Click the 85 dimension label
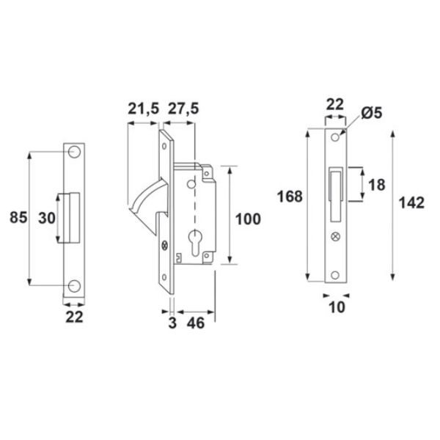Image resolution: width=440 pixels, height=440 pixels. [18, 218]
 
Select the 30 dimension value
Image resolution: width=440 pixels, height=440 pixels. [47, 218]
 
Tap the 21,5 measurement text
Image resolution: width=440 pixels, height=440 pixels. [144, 109]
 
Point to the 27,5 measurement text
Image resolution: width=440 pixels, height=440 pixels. [183, 109]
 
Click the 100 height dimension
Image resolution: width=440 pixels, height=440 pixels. [248, 219]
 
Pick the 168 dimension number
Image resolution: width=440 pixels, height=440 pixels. [290, 196]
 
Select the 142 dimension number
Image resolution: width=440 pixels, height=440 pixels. [411, 202]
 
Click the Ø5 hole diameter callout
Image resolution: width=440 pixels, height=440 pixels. [372, 113]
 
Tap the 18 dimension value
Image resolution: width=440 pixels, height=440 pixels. [377, 185]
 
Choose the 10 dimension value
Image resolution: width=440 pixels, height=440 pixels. [337, 307]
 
